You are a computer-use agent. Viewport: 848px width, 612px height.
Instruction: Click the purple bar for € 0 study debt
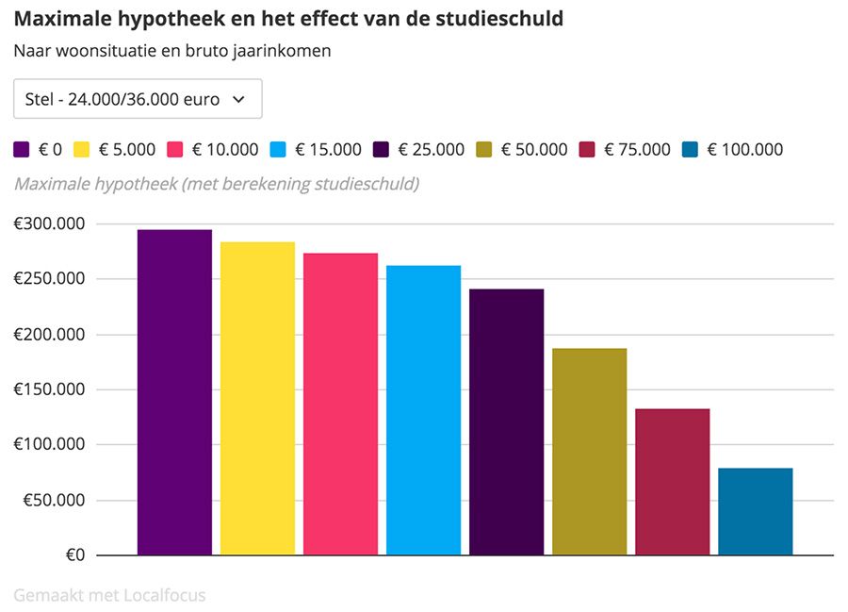pos(174,392)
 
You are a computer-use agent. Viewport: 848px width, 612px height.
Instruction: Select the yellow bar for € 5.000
pos(257,398)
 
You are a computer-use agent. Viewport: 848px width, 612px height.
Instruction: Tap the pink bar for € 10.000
pos(340,404)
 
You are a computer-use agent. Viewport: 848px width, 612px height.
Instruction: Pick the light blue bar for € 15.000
pos(423,409)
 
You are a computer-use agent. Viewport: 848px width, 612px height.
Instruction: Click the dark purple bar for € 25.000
pos(506,422)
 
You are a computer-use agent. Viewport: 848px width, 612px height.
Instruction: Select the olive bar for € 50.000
pos(589,451)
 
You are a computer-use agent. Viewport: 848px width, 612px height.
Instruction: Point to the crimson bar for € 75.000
pos(672,481)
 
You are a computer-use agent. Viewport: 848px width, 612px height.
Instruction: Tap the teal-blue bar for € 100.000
pos(755,511)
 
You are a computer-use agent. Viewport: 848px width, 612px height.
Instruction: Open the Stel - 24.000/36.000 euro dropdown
pos(138,99)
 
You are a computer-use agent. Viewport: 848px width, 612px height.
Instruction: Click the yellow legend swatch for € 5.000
pos(81,149)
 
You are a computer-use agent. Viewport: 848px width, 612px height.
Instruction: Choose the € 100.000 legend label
pos(744,149)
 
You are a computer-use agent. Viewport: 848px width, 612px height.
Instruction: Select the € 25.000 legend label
pos(431,149)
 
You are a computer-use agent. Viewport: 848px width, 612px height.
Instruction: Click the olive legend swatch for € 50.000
pos(484,149)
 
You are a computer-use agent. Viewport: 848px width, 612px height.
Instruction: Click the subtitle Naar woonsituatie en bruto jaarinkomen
pos(171,51)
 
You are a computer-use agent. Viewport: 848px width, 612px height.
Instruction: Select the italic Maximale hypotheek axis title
pos(216,183)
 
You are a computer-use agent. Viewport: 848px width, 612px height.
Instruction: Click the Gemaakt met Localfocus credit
pos(109,595)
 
